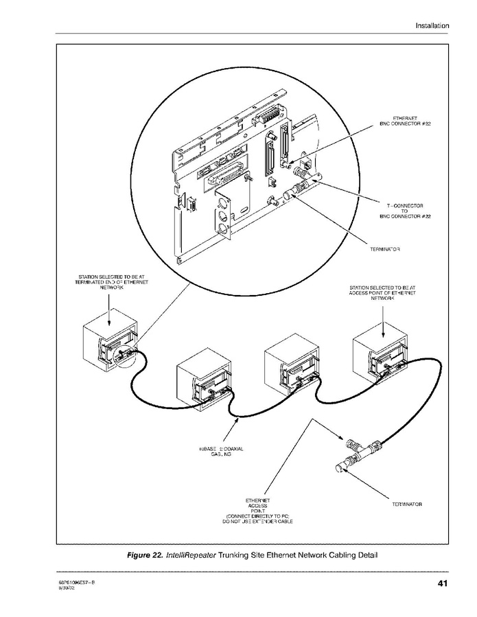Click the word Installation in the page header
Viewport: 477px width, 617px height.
point(432,25)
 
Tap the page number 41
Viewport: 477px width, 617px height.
point(443,584)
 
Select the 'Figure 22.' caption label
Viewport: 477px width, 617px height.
point(144,555)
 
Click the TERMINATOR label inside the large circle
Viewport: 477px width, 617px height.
point(384,249)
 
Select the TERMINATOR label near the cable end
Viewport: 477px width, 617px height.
point(407,504)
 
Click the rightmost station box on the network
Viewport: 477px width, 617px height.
point(380,354)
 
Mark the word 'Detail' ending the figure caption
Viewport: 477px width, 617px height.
point(364,555)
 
